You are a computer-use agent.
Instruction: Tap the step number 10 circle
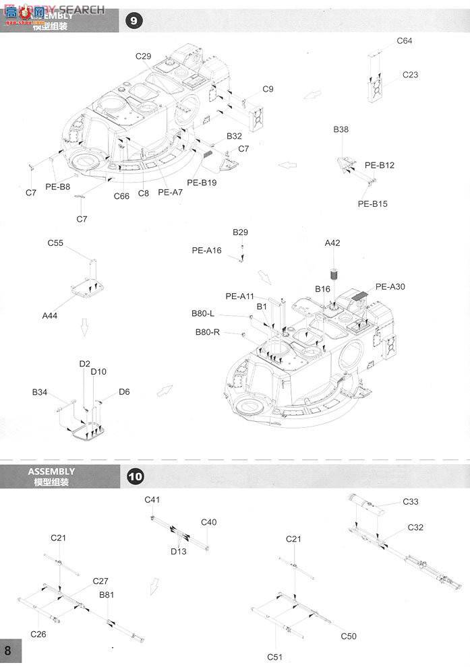pyautogui.click(x=135, y=476)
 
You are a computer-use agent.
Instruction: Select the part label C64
pyautogui.click(x=405, y=40)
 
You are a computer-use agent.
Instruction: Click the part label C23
pyautogui.click(x=410, y=75)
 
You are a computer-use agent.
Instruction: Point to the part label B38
pyautogui.click(x=341, y=129)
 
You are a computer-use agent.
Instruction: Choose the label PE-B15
pyautogui.click(x=372, y=203)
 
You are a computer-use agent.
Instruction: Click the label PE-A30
pyautogui.click(x=391, y=286)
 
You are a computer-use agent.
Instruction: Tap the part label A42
pyautogui.click(x=332, y=243)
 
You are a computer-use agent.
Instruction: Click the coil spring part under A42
pyautogui.click(x=332, y=274)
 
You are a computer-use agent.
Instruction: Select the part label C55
pyautogui.click(x=55, y=243)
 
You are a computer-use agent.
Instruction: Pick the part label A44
pyautogui.click(x=50, y=315)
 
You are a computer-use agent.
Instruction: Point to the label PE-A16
pyautogui.click(x=206, y=250)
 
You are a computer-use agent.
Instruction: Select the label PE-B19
pyautogui.click(x=200, y=182)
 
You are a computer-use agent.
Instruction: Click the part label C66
pyautogui.click(x=121, y=196)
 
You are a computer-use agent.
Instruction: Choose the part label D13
pyautogui.click(x=178, y=551)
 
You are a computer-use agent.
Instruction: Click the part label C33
pyautogui.click(x=411, y=501)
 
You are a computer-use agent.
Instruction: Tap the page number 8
pyautogui.click(x=7, y=651)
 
